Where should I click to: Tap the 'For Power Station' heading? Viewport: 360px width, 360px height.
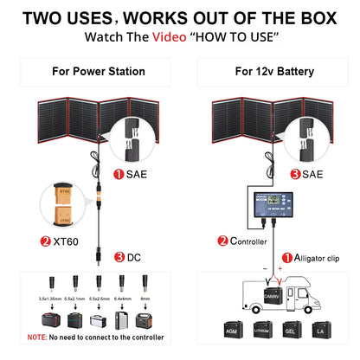coord(92,72)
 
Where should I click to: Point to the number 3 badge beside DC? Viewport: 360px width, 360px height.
coord(119,257)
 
